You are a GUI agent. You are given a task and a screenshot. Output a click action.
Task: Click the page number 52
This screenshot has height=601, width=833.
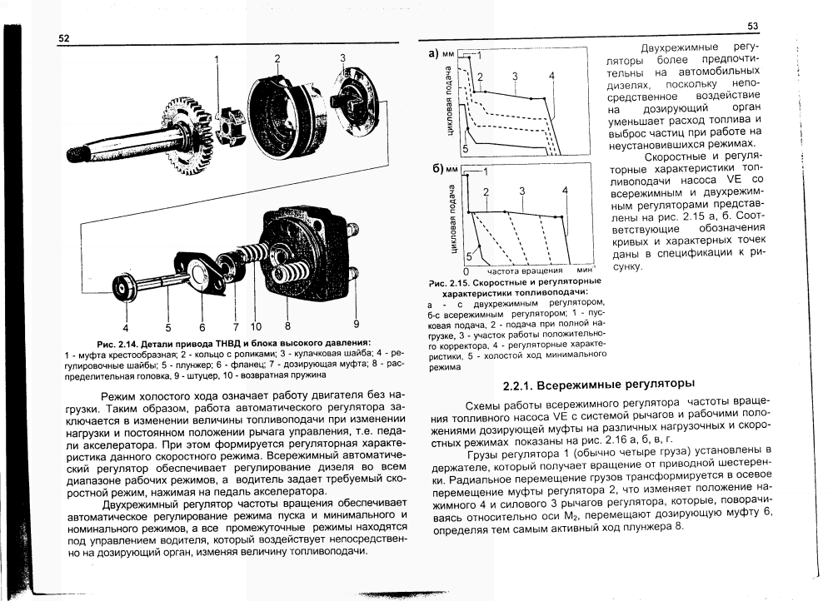pos(63,38)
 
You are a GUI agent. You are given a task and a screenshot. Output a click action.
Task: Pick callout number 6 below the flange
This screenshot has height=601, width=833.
pos(202,326)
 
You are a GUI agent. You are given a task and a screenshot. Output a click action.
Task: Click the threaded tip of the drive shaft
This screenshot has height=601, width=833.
pos(78,153)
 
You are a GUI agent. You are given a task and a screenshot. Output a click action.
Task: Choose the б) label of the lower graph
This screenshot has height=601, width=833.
pos(436,171)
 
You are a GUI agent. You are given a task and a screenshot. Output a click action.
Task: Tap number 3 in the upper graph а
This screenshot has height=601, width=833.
pos(516,77)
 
